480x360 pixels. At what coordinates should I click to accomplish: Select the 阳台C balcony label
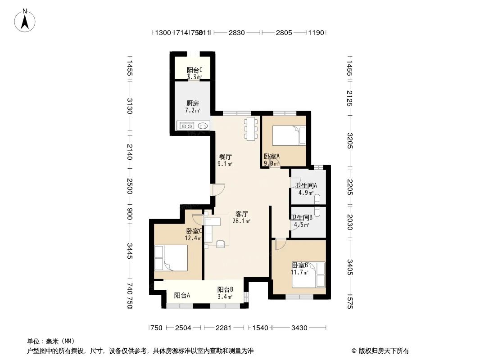coord(194,70)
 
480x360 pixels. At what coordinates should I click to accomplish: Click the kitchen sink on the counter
coord(203,126)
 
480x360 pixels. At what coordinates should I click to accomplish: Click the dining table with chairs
coord(251,128)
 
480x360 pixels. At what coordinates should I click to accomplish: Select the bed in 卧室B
coord(308,274)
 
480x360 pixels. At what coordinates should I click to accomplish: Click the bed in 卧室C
coord(171,258)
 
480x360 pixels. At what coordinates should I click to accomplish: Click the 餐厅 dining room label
coord(225,157)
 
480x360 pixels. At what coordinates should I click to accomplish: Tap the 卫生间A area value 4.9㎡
coord(305,193)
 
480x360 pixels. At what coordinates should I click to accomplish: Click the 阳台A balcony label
coord(182,296)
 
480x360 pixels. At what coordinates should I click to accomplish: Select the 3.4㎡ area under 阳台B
coord(225,297)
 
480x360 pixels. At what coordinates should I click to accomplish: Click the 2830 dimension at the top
coord(236,32)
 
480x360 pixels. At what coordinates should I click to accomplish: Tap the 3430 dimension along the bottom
coord(299,328)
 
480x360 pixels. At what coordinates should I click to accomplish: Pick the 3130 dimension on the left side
coord(130,106)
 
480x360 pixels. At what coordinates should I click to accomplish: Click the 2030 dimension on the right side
coord(350,222)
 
